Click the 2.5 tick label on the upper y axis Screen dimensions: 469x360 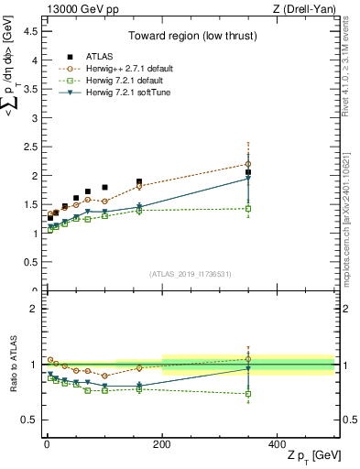tap(31, 146)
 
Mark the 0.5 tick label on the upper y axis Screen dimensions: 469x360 tap(31, 262)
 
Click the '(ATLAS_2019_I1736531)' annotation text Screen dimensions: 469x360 tap(191, 274)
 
